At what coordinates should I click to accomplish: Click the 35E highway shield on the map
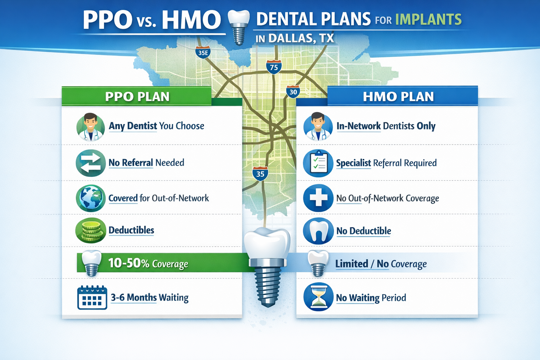(x=203, y=53)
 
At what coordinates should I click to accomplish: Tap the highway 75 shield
(x=274, y=67)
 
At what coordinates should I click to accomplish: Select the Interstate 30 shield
(x=293, y=92)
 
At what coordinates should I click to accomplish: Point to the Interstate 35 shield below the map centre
(x=260, y=174)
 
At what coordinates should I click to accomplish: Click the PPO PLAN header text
(x=137, y=97)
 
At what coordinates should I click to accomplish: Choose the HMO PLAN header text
(x=398, y=97)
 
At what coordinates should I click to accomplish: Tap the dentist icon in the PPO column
(x=90, y=127)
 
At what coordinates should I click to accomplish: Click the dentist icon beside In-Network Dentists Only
(x=318, y=127)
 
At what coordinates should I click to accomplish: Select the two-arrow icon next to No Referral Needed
(x=91, y=163)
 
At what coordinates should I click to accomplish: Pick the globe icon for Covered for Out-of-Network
(x=91, y=198)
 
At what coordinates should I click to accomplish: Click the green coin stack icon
(x=91, y=231)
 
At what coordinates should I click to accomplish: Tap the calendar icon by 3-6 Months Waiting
(x=92, y=298)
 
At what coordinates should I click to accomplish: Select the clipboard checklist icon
(x=318, y=163)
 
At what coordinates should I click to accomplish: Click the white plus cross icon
(x=318, y=198)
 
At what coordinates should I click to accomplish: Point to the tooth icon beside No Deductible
(x=318, y=231)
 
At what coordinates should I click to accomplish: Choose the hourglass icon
(x=318, y=297)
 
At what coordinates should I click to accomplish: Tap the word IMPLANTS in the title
(x=428, y=19)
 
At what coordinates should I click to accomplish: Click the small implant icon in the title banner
(x=239, y=27)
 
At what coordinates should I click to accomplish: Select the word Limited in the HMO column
(x=352, y=264)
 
